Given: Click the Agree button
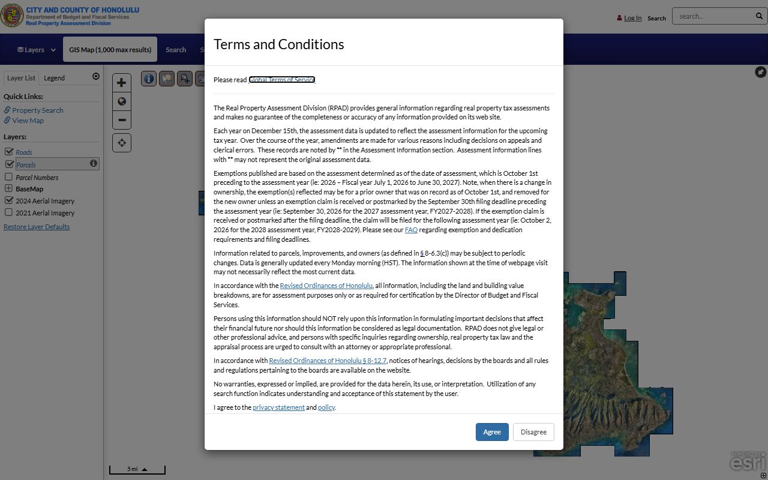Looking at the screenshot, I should click(x=492, y=432).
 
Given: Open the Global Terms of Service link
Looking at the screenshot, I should click(x=281, y=80).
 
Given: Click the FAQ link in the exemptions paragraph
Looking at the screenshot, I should click(x=411, y=230).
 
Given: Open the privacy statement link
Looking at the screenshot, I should click(x=278, y=407).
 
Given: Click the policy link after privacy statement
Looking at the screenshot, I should click(x=326, y=407).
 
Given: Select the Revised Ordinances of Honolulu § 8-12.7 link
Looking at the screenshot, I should click(x=328, y=361).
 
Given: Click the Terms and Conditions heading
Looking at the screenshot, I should click(x=278, y=44).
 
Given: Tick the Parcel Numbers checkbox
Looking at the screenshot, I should click(x=8, y=177).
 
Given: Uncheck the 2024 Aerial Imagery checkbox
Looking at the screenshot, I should click(x=9, y=200).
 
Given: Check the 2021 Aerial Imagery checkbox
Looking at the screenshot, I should click(x=8, y=212).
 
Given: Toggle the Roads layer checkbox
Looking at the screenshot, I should click(x=9, y=152).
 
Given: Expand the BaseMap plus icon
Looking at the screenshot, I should click(x=8, y=188).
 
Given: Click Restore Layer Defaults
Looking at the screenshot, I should click(x=37, y=227).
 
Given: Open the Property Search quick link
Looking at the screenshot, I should click(x=37, y=110).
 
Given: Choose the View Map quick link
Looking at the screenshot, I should click(x=28, y=121).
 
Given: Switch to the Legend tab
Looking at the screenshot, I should click(x=54, y=78).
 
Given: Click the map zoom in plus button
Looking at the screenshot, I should click(x=121, y=83).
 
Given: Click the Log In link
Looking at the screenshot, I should click(x=632, y=18).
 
